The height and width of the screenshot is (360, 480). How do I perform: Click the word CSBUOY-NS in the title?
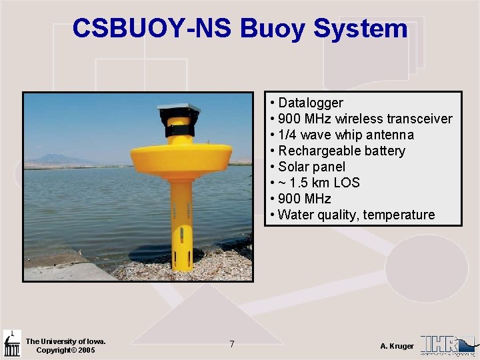(152, 29)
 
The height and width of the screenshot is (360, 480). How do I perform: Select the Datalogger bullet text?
(310, 103)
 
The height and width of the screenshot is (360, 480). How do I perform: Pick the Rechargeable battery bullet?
(341, 151)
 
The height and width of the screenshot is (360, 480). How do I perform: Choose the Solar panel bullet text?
(311, 167)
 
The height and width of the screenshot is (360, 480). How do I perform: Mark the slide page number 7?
(231, 344)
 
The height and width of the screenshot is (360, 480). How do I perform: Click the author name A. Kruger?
(397, 346)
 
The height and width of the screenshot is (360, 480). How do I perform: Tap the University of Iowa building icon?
(11, 343)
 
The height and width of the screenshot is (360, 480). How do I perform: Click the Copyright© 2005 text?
(65, 351)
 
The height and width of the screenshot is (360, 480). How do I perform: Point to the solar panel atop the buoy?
(178, 109)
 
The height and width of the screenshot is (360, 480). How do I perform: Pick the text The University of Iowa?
(65, 341)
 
